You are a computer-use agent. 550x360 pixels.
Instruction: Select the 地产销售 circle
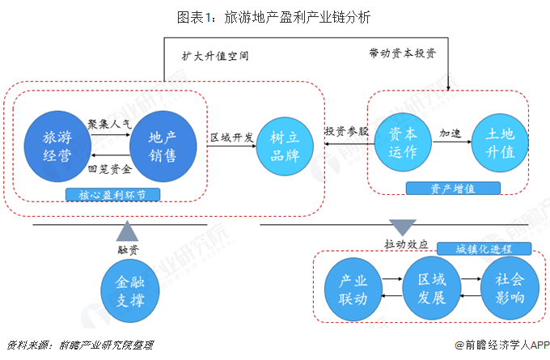point(163,146)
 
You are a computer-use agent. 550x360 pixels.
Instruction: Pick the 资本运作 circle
point(403,142)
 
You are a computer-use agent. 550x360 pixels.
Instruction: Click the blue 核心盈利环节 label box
point(112,195)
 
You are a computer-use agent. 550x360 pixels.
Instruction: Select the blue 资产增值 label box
point(452,188)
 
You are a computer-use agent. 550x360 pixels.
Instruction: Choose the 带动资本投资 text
point(402,53)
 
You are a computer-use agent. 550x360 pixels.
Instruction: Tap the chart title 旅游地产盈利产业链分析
point(274,16)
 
